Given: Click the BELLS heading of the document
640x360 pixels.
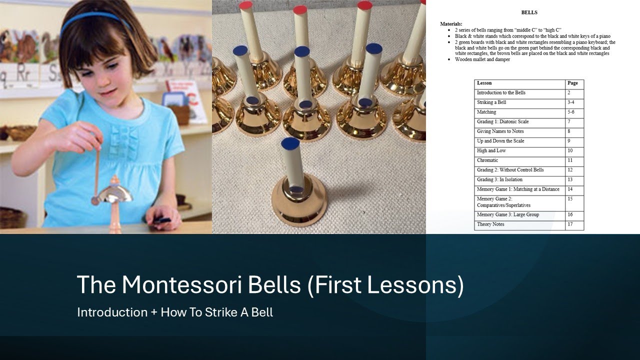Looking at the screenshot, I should click(529, 12).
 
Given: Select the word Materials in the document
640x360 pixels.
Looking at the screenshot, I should click(451, 24).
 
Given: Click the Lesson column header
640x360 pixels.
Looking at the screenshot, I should click(484, 83).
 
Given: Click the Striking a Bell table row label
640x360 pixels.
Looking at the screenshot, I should click(491, 102).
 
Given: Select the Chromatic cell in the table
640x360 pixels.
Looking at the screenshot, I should click(487, 160).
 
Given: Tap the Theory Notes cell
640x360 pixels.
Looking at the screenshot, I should click(490, 224).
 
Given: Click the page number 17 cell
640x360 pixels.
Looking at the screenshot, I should click(570, 224).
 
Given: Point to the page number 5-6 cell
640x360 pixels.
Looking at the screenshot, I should click(571, 112).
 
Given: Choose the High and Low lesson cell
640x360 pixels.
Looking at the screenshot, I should click(491, 150).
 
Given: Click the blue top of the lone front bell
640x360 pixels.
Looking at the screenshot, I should click(290, 143).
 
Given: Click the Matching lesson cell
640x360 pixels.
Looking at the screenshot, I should click(486, 112).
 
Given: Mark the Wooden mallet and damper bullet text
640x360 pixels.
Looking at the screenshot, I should click(482, 59).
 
